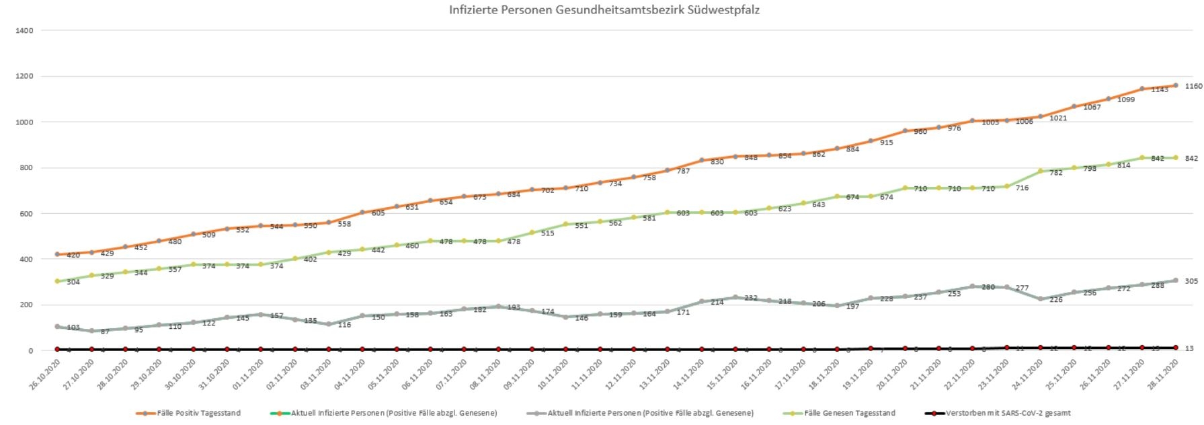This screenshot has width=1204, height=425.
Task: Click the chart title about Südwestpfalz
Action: click(x=604, y=10)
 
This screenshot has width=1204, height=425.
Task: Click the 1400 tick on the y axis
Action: click(x=26, y=31)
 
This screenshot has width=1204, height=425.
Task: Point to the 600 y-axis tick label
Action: click(x=26, y=214)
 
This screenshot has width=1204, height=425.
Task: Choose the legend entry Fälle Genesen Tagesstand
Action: click(x=849, y=413)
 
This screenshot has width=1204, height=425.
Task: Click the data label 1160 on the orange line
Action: click(x=1193, y=86)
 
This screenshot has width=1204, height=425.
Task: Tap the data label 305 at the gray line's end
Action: click(x=1191, y=281)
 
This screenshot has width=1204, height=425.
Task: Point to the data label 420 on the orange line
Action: click(x=73, y=256)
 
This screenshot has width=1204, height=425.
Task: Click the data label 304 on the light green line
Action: click(x=73, y=282)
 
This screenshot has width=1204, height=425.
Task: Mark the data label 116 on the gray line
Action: click(x=344, y=325)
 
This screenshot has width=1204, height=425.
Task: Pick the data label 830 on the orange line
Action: click(x=717, y=162)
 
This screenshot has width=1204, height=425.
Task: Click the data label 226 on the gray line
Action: click(x=1055, y=300)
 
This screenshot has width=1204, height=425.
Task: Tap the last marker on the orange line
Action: click(x=1175, y=85)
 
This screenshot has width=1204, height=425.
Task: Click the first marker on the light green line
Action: click(x=57, y=281)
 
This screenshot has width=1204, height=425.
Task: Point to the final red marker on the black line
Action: click(x=1175, y=348)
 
